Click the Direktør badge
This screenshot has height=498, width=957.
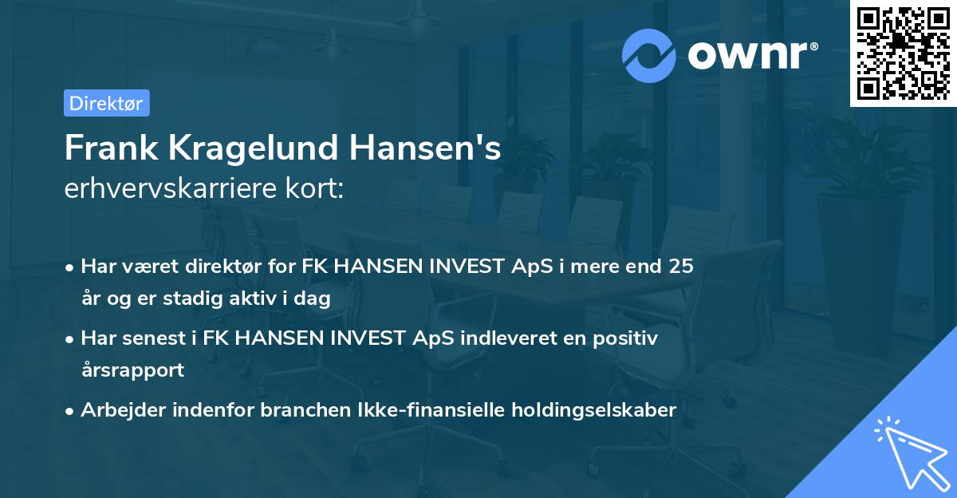pos(106,103)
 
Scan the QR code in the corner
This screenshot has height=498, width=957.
pos(903,53)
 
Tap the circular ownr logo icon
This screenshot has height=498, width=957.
pos(649,55)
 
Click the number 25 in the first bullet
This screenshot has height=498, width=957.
pos(680,266)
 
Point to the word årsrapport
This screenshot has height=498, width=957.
pos(132,370)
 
